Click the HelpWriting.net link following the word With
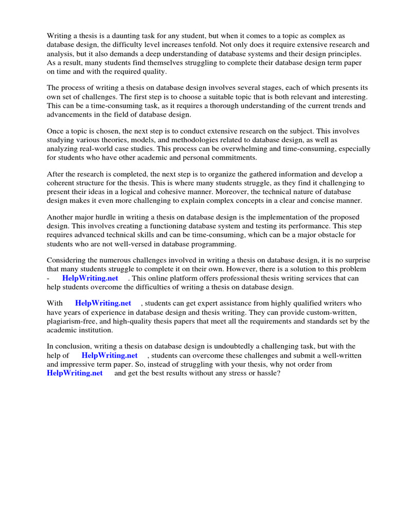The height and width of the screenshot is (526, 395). pyautogui.click(x=103, y=303)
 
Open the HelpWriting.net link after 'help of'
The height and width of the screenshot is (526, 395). pyautogui.click(x=110, y=355)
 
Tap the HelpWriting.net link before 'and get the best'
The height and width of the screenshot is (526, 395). pyautogui.click(x=75, y=373)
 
